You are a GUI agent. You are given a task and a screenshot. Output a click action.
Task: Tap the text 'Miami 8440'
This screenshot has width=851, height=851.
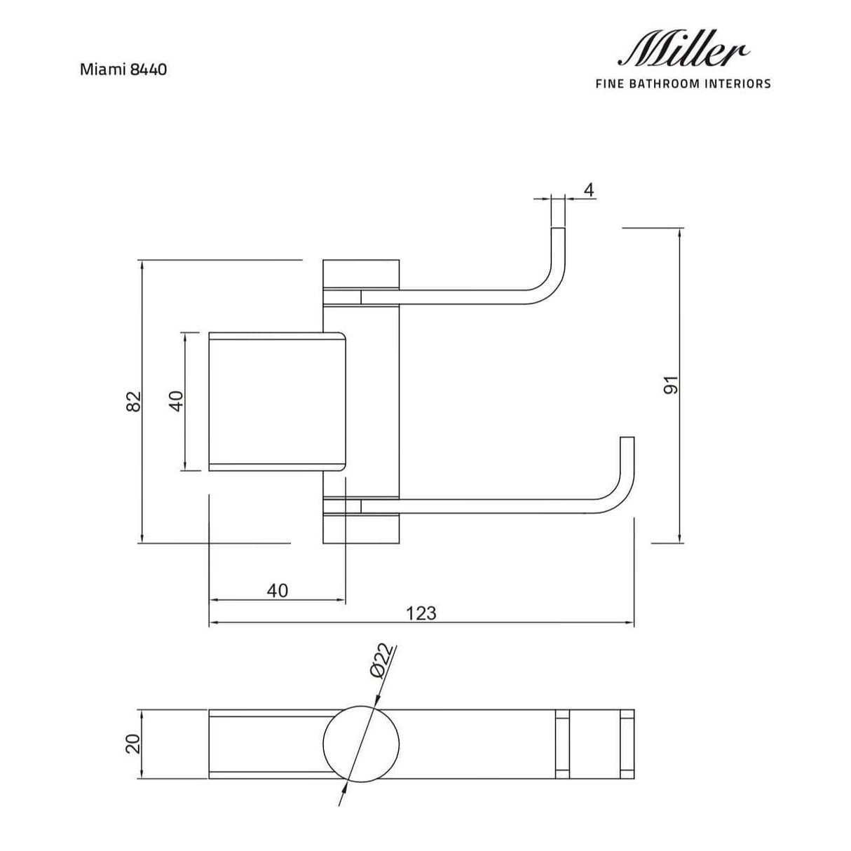tap(123, 69)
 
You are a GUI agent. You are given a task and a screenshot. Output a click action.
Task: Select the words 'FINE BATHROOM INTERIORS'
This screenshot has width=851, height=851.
tap(682, 84)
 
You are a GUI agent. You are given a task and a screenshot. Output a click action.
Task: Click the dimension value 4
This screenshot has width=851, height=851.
tap(589, 190)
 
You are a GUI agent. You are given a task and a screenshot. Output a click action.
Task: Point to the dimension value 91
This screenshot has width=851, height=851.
tap(671, 385)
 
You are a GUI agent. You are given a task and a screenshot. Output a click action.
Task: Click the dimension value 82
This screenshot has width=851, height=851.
tap(135, 401)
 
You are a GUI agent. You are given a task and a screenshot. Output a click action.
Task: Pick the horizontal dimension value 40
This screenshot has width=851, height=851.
tap(278, 590)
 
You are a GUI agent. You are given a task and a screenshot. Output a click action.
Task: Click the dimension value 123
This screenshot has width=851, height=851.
tap(421, 613)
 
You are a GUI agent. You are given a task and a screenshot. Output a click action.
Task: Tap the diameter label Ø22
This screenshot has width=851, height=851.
tap(382, 660)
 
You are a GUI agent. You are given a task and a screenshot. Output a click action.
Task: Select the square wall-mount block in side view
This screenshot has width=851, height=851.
tap(278, 401)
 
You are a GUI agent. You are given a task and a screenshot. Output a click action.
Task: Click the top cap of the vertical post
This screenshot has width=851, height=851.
tap(361, 274)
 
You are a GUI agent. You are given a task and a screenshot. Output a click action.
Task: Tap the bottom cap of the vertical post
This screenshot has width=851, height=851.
tap(361, 529)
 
